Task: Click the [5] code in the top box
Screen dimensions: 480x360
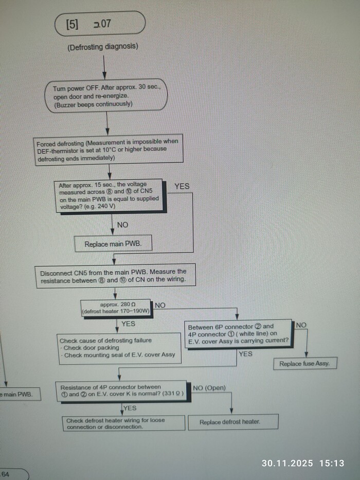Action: (72, 24)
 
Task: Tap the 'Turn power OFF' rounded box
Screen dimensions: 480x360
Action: (107, 96)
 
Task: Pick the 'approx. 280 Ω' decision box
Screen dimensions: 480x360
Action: (116, 308)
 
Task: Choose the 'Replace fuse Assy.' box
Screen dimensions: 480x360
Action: (305, 363)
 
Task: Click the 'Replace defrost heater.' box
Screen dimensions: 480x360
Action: (233, 422)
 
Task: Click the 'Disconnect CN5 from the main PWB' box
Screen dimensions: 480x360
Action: (113, 276)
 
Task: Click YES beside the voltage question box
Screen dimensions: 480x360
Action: (182, 186)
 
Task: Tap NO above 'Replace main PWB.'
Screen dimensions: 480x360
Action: (122, 225)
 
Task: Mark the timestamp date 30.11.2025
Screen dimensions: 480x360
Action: (287, 463)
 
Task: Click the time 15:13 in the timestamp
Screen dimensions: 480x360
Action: (331, 463)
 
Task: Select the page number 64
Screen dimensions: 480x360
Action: (5, 474)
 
